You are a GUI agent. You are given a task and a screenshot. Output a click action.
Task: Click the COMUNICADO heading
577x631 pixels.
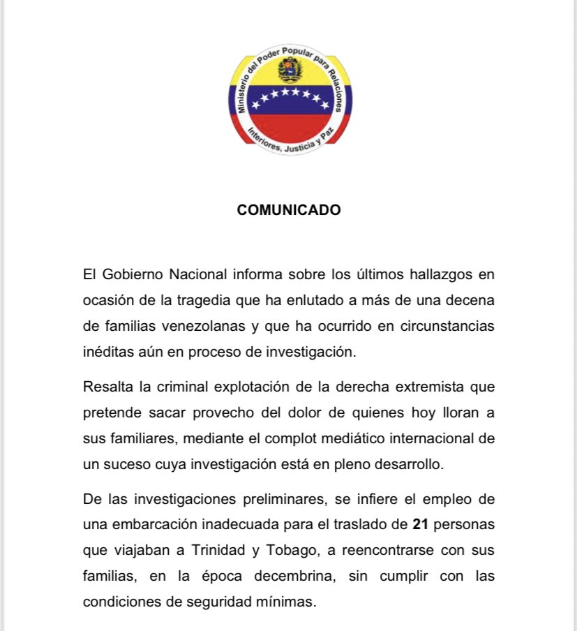click(289, 210)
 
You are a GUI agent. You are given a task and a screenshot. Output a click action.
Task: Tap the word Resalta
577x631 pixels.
click(105, 386)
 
